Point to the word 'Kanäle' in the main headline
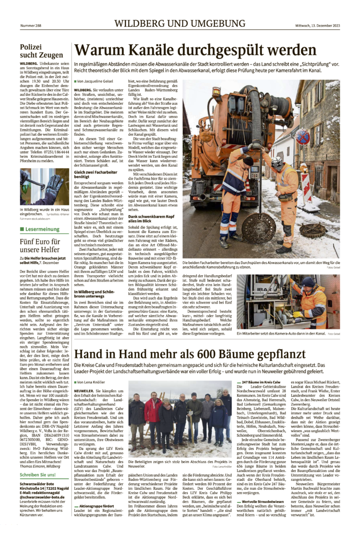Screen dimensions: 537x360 148,50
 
